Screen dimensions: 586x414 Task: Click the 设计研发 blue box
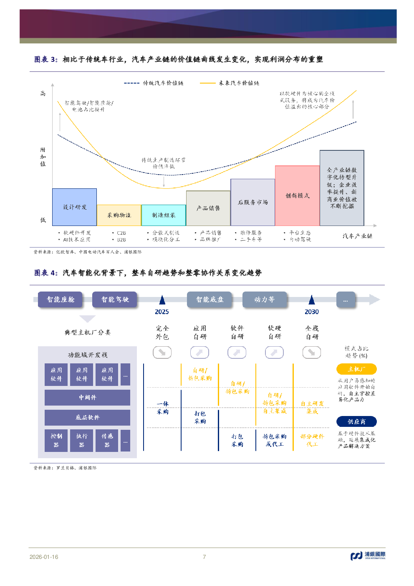click(x=74, y=207)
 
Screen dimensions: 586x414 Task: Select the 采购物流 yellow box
click(x=119, y=215)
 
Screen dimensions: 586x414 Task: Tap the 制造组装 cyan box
click(x=164, y=215)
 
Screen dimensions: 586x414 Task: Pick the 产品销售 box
click(x=208, y=208)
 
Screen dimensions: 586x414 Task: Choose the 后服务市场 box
click(x=252, y=202)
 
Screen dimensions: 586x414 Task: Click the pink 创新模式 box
click(x=297, y=195)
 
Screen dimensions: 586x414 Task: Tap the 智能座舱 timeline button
click(x=60, y=299)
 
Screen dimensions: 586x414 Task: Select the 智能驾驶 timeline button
click(x=115, y=299)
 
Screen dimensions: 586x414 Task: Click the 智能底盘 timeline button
click(x=210, y=299)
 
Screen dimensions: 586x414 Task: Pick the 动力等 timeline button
click(x=265, y=299)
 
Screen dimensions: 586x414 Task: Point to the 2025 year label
click(x=162, y=312)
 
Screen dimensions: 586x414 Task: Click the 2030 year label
click(x=312, y=312)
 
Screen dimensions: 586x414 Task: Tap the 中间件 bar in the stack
click(x=87, y=398)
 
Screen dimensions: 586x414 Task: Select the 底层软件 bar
click(x=87, y=417)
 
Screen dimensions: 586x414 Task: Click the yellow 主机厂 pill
click(x=356, y=369)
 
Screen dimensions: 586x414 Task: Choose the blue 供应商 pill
click(x=356, y=422)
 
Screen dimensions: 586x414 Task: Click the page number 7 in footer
click(x=204, y=557)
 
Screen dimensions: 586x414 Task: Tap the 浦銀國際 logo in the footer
click(x=368, y=556)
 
